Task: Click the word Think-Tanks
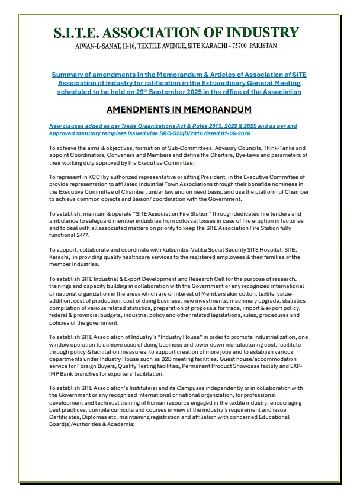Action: click(278, 148)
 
